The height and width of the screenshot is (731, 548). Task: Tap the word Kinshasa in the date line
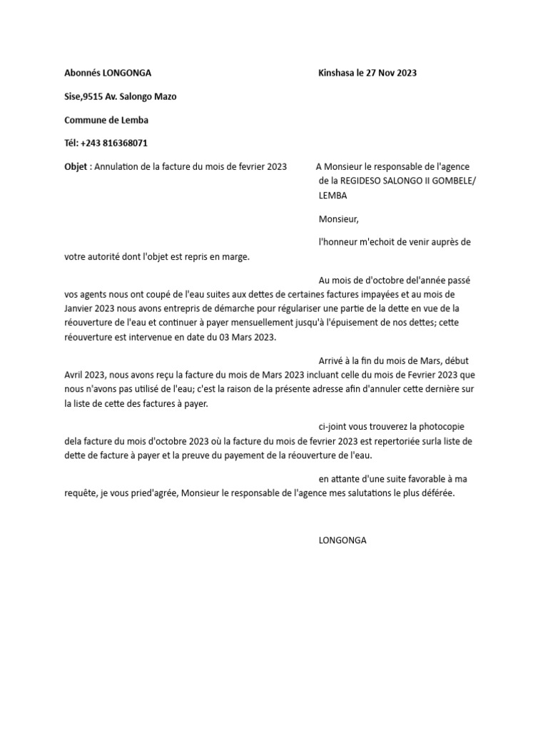click(x=337, y=73)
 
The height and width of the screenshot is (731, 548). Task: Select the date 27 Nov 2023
click(x=391, y=73)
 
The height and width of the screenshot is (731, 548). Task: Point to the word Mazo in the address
click(x=165, y=97)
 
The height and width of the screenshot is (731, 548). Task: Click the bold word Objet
click(x=76, y=166)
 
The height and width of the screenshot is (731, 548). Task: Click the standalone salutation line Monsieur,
click(x=338, y=219)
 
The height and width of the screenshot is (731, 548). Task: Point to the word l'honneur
click(x=340, y=242)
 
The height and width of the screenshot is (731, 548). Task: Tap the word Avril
click(x=75, y=375)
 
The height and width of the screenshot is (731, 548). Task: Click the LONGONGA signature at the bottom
click(x=342, y=540)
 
